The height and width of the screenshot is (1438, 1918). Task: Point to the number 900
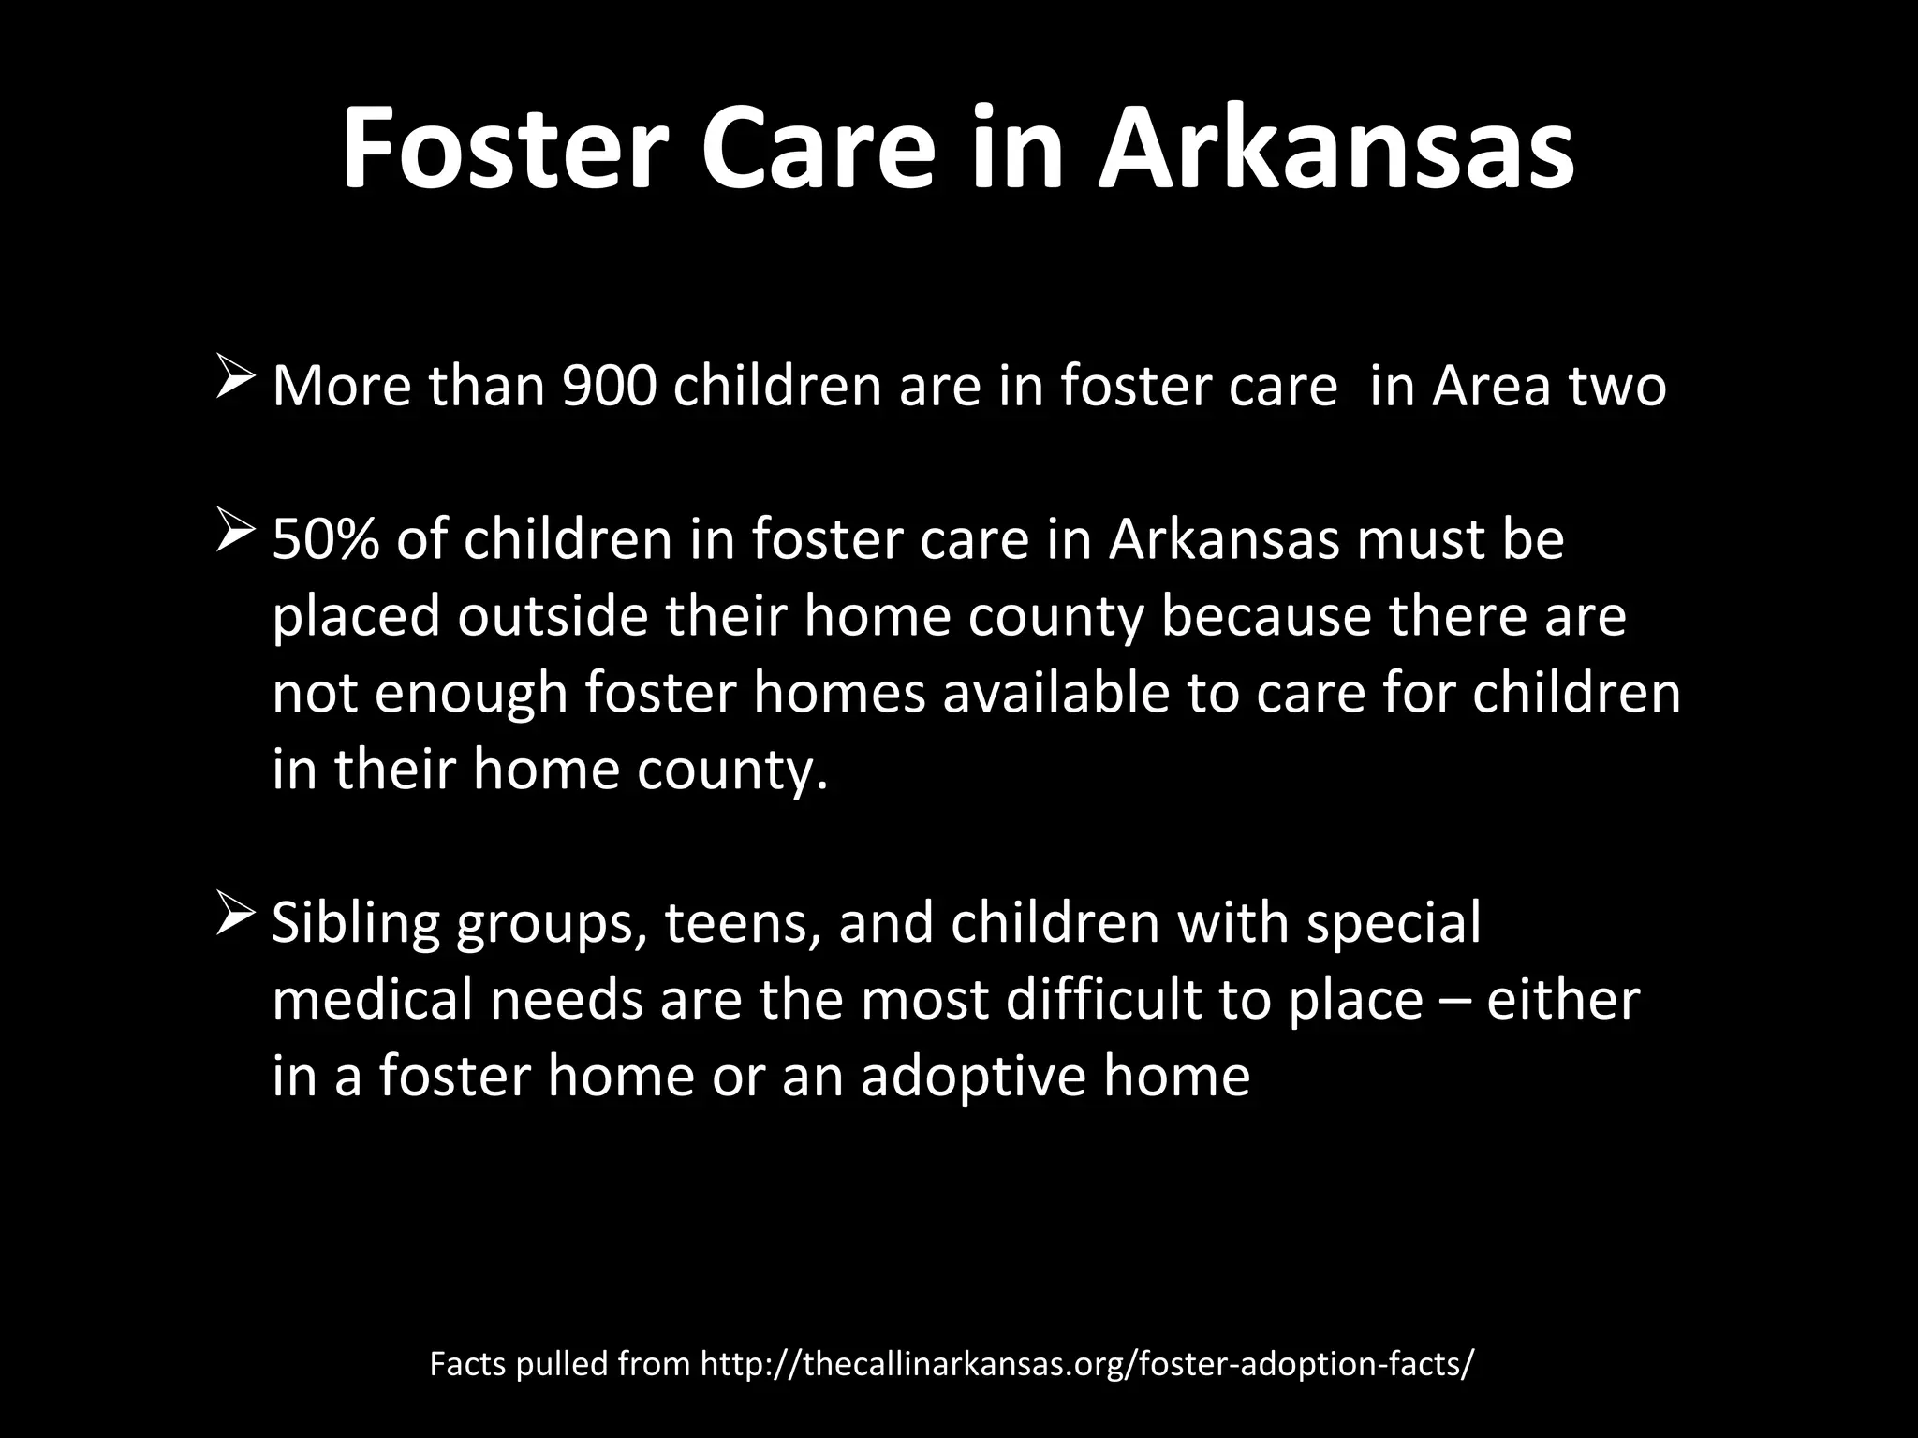pyautogui.click(x=610, y=386)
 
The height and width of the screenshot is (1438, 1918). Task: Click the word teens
pyautogui.click(x=743, y=923)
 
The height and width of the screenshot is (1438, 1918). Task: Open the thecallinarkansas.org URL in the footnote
pyautogui.click(x=1087, y=1364)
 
